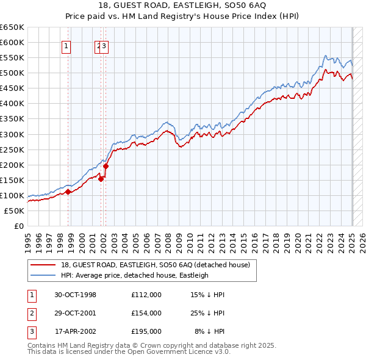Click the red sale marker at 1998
[x=68, y=192]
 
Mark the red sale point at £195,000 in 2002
[x=106, y=166]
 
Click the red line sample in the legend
[x=43, y=265]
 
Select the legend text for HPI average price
[x=135, y=275]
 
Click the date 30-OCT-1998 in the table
[x=74, y=295]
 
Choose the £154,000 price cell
[x=146, y=313]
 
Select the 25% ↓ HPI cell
[x=208, y=313]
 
